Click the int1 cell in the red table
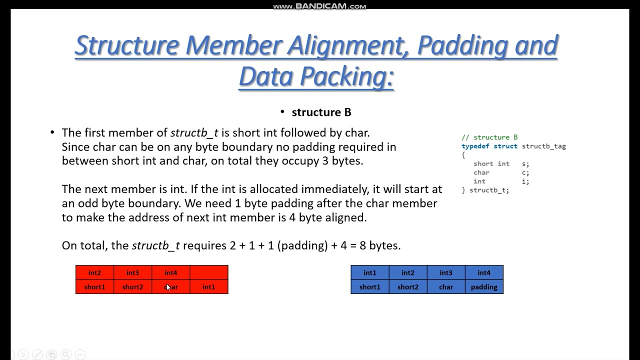(x=209, y=287)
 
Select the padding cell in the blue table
(x=484, y=287)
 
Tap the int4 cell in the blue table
(x=484, y=272)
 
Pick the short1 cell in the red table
(x=94, y=287)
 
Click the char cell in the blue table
(x=446, y=287)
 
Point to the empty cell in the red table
(x=209, y=272)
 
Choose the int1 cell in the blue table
(x=370, y=272)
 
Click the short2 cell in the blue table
(x=408, y=287)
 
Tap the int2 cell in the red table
(x=94, y=272)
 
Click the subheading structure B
(x=321, y=112)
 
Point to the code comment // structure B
(x=489, y=137)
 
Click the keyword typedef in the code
(x=475, y=146)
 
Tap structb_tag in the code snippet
(x=543, y=146)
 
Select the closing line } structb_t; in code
(x=485, y=190)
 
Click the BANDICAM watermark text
(x=319, y=6)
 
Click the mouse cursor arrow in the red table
(x=168, y=287)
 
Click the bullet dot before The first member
(x=52, y=132)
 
